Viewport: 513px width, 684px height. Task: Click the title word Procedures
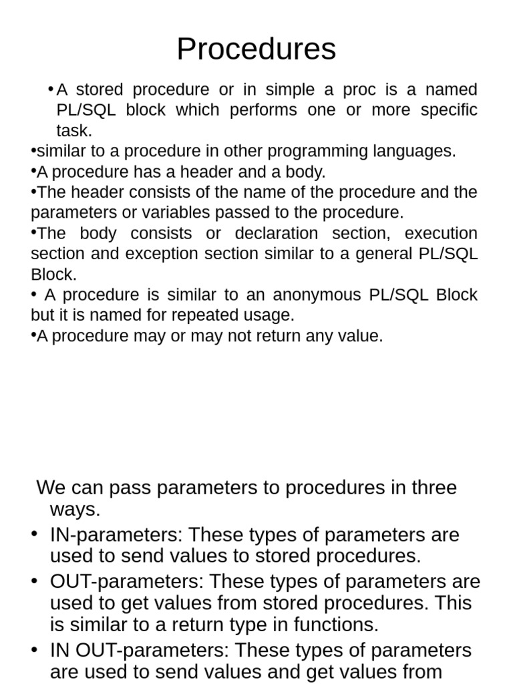[256, 49]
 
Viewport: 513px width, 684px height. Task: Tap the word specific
[449, 110]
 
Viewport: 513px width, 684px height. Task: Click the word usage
[271, 315]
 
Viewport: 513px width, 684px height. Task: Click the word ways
[75, 510]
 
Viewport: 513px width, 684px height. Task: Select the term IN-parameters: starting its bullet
[116, 535]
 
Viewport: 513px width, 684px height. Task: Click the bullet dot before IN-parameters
[34, 534]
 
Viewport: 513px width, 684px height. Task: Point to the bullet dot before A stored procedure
[51, 90]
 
